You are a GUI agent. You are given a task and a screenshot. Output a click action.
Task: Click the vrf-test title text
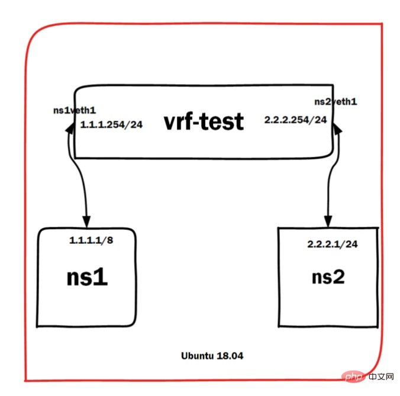click(x=203, y=121)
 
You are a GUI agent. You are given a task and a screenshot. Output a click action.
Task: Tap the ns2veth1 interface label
click(x=335, y=102)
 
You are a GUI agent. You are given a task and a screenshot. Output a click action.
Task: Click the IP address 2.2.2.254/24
click(x=295, y=120)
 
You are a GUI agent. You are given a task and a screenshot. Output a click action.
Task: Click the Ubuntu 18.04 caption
click(x=212, y=356)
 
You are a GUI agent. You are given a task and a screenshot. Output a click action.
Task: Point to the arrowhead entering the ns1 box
click(x=88, y=222)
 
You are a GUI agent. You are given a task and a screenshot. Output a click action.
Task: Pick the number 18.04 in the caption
click(x=229, y=356)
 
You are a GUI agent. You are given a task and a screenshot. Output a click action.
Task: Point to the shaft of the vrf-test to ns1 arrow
click(x=80, y=178)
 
